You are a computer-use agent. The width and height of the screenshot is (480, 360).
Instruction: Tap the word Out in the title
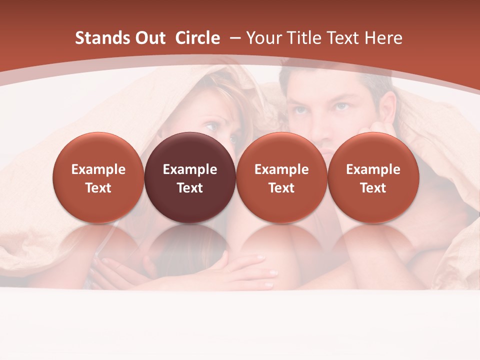tap(150, 38)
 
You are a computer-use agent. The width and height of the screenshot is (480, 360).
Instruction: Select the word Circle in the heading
tap(197, 38)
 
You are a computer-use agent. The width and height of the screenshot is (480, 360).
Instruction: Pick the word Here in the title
tap(383, 38)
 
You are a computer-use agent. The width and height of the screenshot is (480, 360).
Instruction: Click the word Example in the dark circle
tap(190, 169)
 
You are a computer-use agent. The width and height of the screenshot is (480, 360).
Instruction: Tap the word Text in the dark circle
tap(190, 188)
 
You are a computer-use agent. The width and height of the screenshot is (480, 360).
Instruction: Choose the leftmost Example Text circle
tap(98, 177)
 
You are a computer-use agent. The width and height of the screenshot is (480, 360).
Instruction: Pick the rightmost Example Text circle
tap(373, 177)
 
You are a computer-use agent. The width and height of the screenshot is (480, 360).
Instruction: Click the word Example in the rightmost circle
tap(373, 169)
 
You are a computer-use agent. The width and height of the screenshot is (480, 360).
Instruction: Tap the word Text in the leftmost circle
tap(98, 188)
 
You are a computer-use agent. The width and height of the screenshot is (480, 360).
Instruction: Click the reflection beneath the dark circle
tap(190, 245)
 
